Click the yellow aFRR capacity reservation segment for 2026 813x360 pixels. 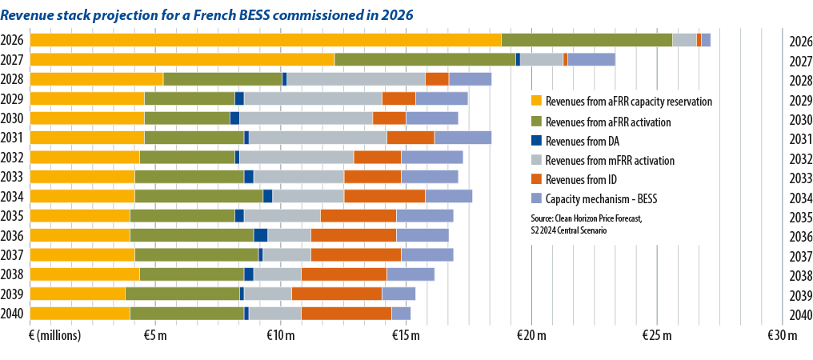coord(265,40)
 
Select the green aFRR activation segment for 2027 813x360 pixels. coord(425,59)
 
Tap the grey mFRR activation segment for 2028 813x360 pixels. coord(356,78)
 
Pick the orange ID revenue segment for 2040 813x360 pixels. coord(346,313)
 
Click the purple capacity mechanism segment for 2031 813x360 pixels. coord(463,138)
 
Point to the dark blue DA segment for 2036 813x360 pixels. coord(260,235)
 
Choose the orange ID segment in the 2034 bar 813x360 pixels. coord(384,196)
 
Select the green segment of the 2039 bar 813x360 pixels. coord(182,294)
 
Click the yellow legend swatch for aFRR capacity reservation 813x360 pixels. coord(537,102)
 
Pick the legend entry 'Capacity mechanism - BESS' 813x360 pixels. coord(604,199)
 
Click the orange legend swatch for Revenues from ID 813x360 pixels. coord(537,180)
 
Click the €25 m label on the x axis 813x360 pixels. coord(656,335)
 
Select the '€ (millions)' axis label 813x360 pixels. coord(55,335)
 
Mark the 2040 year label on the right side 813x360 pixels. coord(801,314)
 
